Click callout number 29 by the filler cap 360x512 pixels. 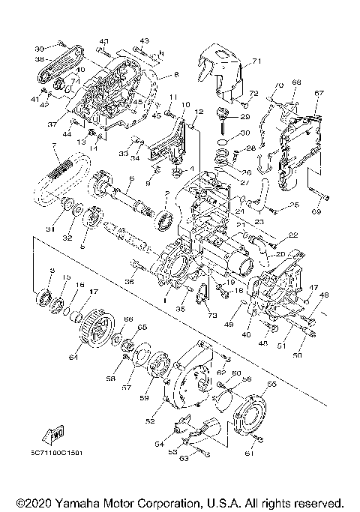[x=245, y=117]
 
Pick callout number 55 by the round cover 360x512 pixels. [x=271, y=384]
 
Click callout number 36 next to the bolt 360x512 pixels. [x=130, y=281]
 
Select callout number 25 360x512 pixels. [x=295, y=204]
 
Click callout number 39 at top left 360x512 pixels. [x=37, y=46]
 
